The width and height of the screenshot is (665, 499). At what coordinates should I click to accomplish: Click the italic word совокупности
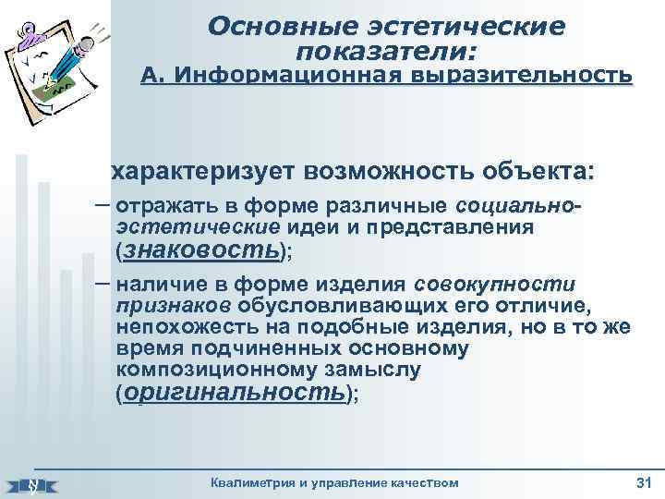point(495,284)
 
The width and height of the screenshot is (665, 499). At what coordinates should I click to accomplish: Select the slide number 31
point(643,483)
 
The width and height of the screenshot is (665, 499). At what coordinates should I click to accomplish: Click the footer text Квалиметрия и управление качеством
point(333,483)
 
